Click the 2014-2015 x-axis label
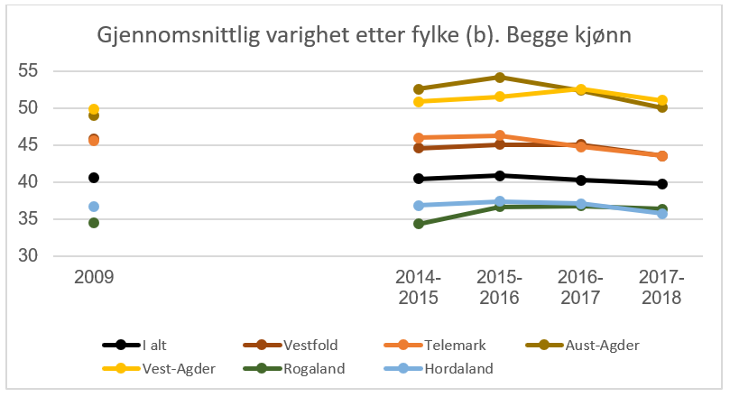[x=419, y=287]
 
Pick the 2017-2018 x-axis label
[x=662, y=287]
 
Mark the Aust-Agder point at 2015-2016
[x=500, y=78]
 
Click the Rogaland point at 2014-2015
[x=419, y=224]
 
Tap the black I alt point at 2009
[x=94, y=178]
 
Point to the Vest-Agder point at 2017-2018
[x=662, y=100]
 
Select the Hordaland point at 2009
[x=94, y=207]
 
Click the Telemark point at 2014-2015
[x=419, y=138]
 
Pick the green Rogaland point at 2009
[x=94, y=223]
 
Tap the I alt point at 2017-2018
[x=662, y=183]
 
